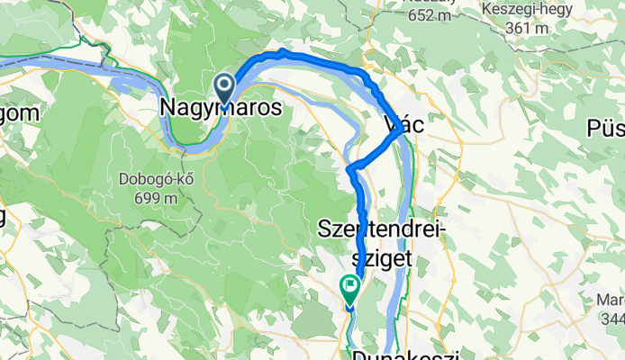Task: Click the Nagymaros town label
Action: tap(221, 107)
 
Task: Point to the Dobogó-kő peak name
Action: tap(150, 178)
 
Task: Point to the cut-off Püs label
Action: tap(606, 129)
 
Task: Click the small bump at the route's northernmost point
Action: tap(283, 50)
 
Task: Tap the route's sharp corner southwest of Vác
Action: tap(349, 167)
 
